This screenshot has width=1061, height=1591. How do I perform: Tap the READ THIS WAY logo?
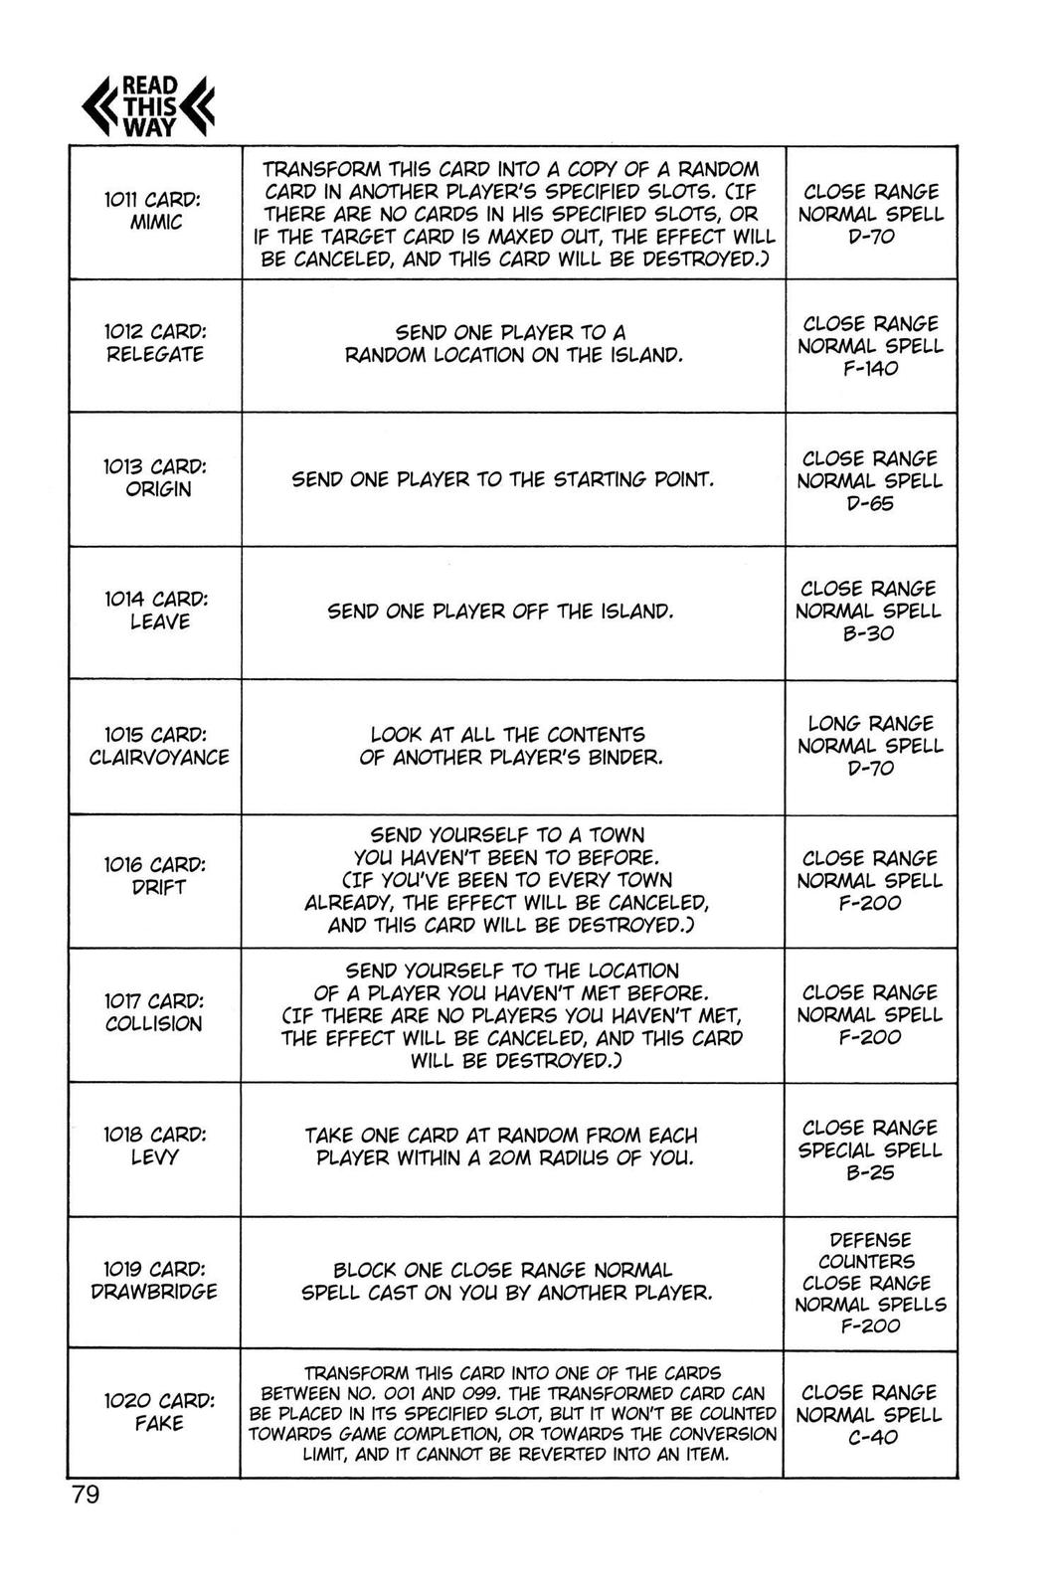(x=148, y=106)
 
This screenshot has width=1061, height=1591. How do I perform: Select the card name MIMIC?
(x=156, y=223)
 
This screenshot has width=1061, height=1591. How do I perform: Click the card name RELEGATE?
(x=154, y=355)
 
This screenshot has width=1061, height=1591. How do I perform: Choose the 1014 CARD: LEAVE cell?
(x=155, y=611)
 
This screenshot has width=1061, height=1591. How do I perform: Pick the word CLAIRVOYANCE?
(x=159, y=758)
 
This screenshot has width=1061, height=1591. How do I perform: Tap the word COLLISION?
(x=153, y=1024)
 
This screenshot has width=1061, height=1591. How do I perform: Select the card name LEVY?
(x=154, y=1157)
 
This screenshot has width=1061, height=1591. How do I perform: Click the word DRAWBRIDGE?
(x=154, y=1292)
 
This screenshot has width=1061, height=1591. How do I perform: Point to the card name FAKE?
(x=159, y=1424)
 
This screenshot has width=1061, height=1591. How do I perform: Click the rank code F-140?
(x=870, y=369)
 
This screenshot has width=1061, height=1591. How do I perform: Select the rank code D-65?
(x=870, y=504)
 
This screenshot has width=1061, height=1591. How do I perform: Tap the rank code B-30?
(x=869, y=634)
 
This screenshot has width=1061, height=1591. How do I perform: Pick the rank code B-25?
(x=869, y=1173)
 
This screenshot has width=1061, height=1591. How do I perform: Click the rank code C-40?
(x=869, y=1438)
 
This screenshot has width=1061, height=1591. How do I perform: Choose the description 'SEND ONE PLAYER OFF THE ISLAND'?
(x=501, y=612)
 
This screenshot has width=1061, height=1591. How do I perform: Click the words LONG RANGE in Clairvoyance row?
(x=870, y=723)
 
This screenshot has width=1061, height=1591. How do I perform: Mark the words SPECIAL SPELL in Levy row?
(x=870, y=1150)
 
